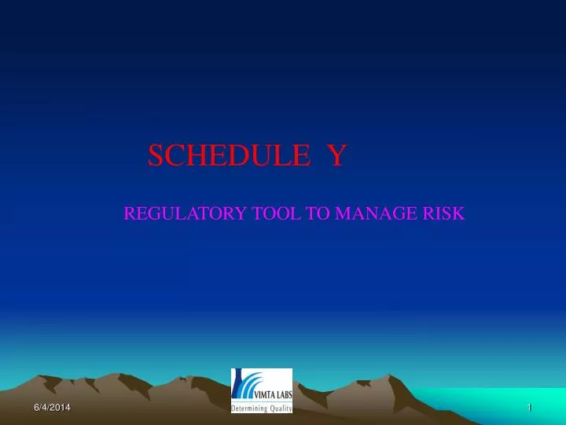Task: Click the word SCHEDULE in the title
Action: click(227, 156)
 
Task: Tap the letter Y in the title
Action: click(336, 156)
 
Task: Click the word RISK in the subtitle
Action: click(445, 213)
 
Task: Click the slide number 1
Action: click(531, 406)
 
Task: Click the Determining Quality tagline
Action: click(261, 408)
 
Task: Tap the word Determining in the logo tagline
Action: click(248, 408)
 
